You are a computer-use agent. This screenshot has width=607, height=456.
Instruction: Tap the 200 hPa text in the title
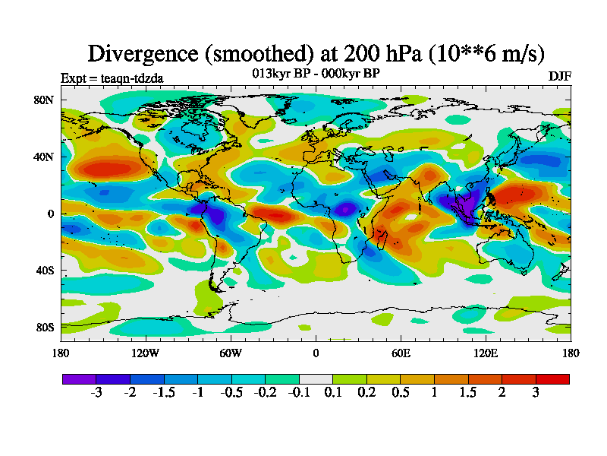370,53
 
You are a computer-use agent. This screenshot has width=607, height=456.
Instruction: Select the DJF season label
559,77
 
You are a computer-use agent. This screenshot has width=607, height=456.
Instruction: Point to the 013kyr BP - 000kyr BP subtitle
316,73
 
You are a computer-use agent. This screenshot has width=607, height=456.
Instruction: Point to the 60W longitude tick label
231,353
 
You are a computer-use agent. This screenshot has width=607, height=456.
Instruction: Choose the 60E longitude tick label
401,353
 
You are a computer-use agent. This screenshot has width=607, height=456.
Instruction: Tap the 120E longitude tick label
486,353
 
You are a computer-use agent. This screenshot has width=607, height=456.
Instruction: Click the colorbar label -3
96,393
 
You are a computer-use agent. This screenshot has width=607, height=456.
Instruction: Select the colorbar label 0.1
332,393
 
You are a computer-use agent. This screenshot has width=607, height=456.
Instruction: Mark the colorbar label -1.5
163,393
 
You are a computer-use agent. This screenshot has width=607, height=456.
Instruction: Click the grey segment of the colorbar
316,378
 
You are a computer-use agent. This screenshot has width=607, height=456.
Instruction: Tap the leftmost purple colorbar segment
79,378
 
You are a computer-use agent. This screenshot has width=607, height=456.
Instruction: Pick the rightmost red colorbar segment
552,378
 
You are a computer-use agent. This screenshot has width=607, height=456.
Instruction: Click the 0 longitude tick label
316,353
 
